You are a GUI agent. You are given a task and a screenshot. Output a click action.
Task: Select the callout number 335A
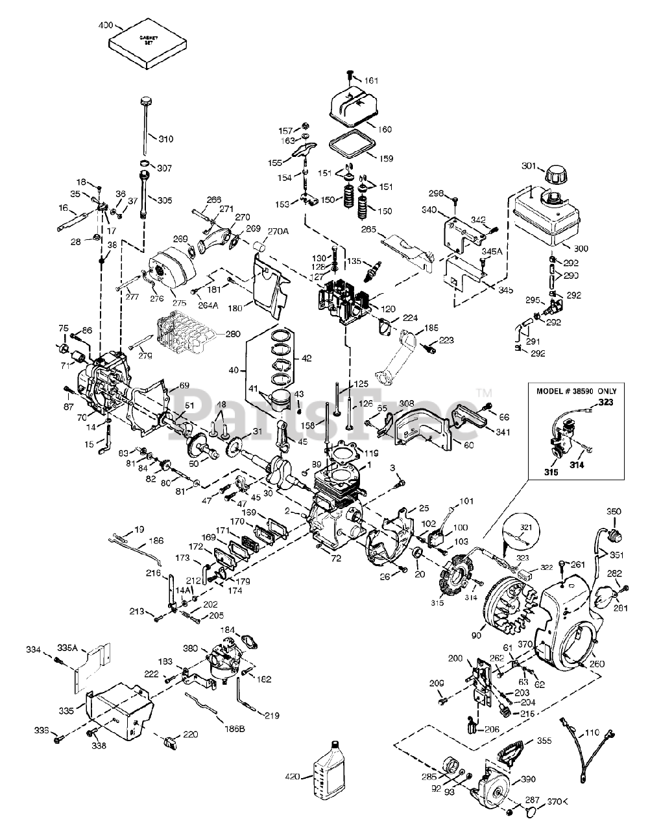(66, 647)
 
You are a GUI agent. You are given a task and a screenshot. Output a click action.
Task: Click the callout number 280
(232, 335)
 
